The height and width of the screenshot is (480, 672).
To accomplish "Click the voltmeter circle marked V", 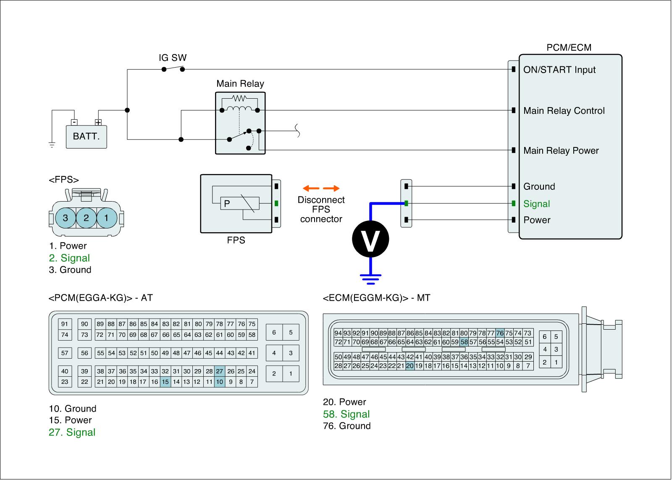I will [x=370, y=239].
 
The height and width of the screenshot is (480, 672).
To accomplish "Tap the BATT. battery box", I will [x=86, y=136].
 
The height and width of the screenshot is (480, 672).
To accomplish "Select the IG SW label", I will [x=173, y=58].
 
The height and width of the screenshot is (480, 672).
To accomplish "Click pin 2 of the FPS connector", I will [x=86, y=218].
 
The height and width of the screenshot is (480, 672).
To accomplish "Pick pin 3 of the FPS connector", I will [x=65, y=218].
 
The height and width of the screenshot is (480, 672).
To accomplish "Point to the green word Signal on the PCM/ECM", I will [x=536, y=204].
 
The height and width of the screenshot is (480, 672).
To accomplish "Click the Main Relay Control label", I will [x=564, y=111].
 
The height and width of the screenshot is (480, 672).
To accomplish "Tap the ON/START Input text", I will [x=559, y=70].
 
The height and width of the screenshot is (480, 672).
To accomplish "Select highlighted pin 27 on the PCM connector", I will [x=220, y=371].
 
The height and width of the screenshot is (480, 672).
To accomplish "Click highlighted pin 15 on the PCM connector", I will [x=165, y=382].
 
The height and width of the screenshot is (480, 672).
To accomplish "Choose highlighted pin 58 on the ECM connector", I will [x=464, y=342].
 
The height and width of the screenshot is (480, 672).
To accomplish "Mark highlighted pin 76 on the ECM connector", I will [x=500, y=333].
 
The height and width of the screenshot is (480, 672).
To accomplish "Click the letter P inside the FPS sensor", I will [x=227, y=204].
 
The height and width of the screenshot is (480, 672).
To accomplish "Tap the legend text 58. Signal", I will [x=346, y=414].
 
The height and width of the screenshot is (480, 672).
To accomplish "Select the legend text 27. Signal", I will [x=72, y=433].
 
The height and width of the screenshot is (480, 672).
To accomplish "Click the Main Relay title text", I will [x=240, y=84].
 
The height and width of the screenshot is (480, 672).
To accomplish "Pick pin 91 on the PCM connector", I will [x=65, y=324].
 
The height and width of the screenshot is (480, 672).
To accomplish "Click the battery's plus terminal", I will [x=98, y=123].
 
